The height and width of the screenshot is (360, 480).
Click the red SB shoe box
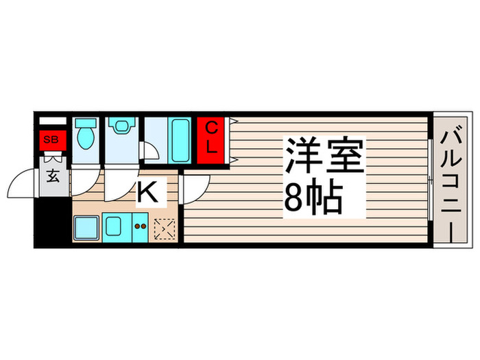point(51,141)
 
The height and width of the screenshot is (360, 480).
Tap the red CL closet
point(212,139)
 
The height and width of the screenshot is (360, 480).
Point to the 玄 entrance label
point(52,175)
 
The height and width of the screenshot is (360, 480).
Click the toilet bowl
point(86,135)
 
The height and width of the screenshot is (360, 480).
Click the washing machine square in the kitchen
point(86,226)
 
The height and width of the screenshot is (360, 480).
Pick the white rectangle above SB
point(53,121)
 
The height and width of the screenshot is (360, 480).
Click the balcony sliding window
point(430,180)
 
